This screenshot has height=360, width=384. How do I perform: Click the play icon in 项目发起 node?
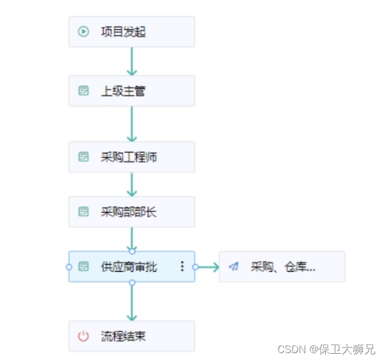84,31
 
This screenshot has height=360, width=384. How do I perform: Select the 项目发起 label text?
123,31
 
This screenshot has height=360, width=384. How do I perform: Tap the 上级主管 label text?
123,91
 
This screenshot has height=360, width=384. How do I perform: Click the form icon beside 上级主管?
84,91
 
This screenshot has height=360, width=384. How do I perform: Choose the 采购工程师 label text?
129,157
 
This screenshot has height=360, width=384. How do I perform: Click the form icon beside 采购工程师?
84,157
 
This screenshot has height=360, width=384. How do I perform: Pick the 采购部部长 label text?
129,212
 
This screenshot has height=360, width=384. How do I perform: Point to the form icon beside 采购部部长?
84,212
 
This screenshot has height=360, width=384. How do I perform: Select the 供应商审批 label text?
129,267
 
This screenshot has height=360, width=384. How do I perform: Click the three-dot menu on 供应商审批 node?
182,266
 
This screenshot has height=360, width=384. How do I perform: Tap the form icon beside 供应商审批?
84,267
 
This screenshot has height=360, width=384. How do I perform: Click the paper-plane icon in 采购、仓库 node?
234,267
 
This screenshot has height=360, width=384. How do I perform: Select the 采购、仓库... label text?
283,267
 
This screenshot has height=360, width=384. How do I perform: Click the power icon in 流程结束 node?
84,336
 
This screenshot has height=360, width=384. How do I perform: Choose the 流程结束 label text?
123,336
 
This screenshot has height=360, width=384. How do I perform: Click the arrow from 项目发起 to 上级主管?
132,62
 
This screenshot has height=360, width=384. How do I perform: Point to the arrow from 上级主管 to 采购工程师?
132,124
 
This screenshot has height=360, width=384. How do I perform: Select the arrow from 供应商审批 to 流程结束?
132,302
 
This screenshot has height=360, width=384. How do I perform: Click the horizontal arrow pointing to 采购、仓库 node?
208,267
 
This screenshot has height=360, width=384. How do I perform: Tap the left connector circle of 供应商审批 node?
69,267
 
